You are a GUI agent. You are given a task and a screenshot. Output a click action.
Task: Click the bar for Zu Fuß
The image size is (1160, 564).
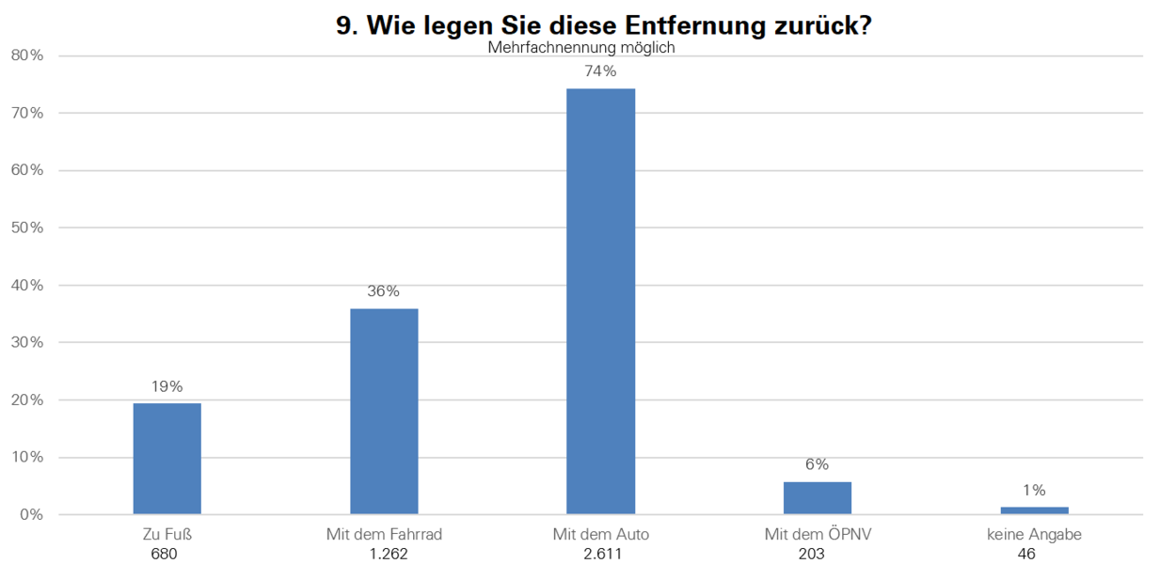point(167,459)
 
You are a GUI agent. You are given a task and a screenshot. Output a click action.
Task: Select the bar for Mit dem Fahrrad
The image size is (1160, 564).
point(384,412)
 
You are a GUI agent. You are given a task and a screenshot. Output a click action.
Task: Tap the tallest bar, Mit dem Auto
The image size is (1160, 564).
point(601,301)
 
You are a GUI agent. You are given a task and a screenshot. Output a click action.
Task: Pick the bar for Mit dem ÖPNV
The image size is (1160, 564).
point(818,498)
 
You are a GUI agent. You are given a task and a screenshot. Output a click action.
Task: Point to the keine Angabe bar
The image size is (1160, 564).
point(1035,510)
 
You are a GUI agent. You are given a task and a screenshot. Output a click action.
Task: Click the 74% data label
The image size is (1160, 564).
point(601,71)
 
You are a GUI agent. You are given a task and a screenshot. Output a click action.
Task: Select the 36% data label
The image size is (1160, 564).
point(384,291)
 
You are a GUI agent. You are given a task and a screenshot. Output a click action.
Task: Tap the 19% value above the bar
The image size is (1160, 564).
point(167,386)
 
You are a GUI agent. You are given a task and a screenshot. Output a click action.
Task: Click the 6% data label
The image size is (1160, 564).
point(818,464)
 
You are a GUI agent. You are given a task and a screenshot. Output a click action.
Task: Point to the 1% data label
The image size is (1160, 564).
point(1034,490)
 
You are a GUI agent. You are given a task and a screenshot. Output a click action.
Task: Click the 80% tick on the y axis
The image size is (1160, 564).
point(27,55)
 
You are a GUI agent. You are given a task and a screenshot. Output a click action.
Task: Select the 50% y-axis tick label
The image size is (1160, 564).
point(27,227)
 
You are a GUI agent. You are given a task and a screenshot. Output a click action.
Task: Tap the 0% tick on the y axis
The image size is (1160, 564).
point(32,515)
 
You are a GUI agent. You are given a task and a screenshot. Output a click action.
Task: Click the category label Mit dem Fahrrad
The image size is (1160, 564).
point(384,535)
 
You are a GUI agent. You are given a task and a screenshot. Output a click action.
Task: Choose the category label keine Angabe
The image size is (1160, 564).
point(1034,535)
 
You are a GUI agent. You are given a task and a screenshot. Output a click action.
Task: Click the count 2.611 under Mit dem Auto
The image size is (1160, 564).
point(602,555)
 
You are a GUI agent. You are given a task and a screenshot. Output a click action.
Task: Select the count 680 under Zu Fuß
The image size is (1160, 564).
point(164,555)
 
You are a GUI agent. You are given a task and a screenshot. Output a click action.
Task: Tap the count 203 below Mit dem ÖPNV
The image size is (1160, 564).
point(812,555)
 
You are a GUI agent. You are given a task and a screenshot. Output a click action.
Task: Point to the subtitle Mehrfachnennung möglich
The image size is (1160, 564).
point(581,48)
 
